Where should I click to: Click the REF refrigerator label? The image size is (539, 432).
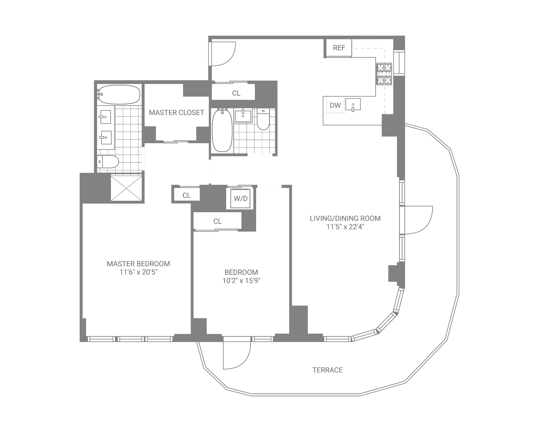click(339, 48)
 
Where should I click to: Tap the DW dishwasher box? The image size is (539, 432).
click(335, 105)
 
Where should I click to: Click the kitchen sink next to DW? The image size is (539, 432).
click(353, 104)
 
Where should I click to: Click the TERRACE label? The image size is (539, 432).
click(328, 370)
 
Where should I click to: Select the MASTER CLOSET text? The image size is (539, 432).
click(176, 113)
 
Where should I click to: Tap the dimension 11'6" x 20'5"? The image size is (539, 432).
click(138, 272)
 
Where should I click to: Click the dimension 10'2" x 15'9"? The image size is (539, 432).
click(241, 280)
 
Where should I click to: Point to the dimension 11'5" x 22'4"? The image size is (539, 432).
click(345, 227)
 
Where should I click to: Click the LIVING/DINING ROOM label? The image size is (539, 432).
click(345, 218)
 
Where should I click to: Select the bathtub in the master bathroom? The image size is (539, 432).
click(119, 95)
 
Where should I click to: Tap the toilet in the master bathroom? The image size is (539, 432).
click(108, 162)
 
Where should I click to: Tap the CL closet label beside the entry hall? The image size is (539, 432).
click(236, 93)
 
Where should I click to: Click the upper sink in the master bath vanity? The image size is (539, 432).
click(105, 117)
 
